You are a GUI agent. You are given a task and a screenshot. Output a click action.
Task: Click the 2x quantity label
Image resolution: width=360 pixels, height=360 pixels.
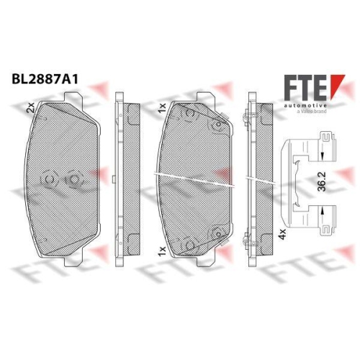pos(30,108)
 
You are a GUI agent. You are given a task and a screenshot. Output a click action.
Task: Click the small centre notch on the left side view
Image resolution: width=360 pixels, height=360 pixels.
pos(117,179)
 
